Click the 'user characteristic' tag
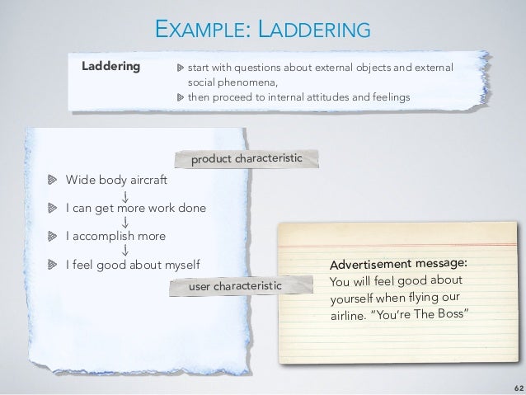click(x=235, y=286)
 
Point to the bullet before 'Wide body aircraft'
click(x=51, y=178)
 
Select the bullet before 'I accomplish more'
click(x=51, y=236)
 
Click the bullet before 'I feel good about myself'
click(x=51, y=265)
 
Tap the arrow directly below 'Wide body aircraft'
click(x=125, y=194)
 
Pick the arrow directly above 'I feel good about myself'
click(x=125, y=251)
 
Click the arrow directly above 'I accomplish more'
click(x=125, y=222)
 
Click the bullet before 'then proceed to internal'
click(x=181, y=97)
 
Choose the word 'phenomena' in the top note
click(x=244, y=82)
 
